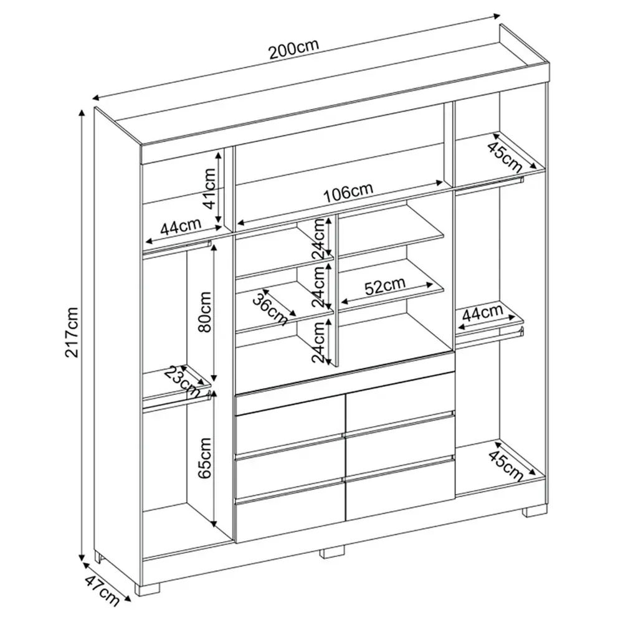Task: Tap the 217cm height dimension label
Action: coord(73,332)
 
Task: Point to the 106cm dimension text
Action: coord(348,192)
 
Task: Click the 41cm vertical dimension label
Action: coord(209,188)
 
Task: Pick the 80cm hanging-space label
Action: coord(206,312)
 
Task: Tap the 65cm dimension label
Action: coord(206,458)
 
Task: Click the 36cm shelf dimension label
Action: coord(271,308)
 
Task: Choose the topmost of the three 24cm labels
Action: coord(318,239)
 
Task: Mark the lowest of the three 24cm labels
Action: coord(318,342)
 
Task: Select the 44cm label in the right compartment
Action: coord(482,313)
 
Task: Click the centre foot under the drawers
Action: coord(333,551)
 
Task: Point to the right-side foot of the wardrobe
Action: coord(535,511)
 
